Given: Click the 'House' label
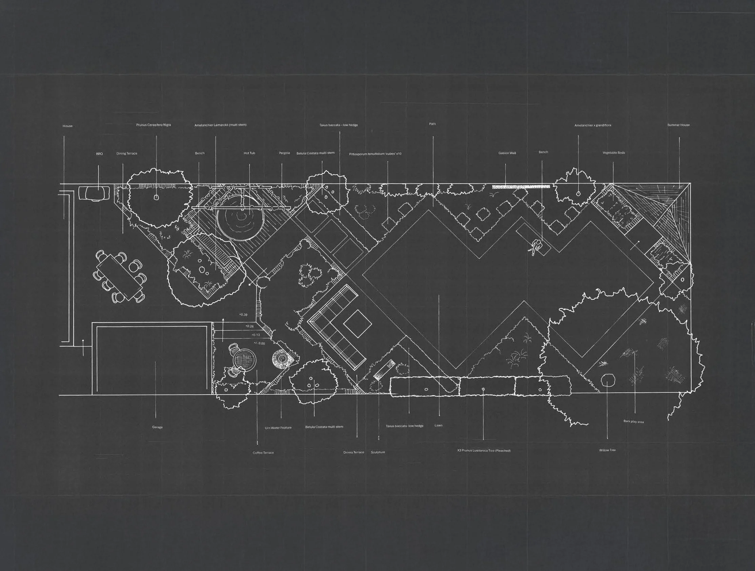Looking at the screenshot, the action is pyautogui.click(x=67, y=126).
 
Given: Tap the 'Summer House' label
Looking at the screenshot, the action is pyautogui.click(x=678, y=125).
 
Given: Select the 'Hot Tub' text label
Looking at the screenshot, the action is pyautogui.click(x=249, y=153).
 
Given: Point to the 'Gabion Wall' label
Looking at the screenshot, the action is pyautogui.click(x=507, y=153).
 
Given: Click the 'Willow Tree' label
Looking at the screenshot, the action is pyautogui.click(x=607, y=450).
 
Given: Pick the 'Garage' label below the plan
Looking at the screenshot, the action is pyautogui.click(x=157, y=427).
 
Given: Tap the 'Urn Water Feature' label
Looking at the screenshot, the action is pyautogui.click(x=278, y=428).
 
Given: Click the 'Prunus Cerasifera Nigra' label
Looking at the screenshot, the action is pyautogui.click(x=154, y=125).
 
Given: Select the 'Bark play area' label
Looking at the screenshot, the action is pyautogui.click(x=633, y=422).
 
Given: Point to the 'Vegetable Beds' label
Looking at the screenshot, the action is pyautogui.click(x=614, y=153).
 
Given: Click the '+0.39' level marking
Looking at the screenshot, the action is pyautogui.click(x=243, y=315).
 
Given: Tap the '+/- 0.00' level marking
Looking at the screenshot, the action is pyautogui.click(x=259, y=343).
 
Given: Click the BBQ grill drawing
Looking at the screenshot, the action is pyautogui.click(x=94, y=193).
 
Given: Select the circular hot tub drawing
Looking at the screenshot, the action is pyautogui.click(x=241, y=218).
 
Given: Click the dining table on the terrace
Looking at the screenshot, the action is pyautogui.click(x=120, y=276).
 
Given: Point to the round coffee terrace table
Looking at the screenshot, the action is pyautogui.click(x=244, y=360).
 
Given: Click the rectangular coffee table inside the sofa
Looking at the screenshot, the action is pyautogui.click(x=358, y=323).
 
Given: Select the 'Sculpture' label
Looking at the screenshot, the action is pyautogui.click(x=378, y=452).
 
